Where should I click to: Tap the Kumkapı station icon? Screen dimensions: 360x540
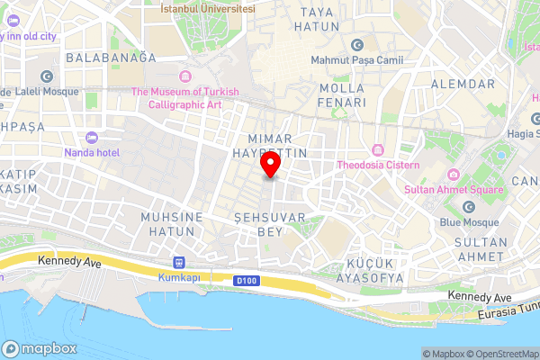pos(178,262)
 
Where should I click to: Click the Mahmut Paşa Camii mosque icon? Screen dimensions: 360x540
pos(357,45)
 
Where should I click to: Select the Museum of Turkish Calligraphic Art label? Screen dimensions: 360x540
pos(184,97)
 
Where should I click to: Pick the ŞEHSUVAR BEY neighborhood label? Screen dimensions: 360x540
pos(270,225)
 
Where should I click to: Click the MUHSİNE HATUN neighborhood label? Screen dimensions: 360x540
pos(167,224)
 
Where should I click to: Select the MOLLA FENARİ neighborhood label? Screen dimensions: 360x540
pos(342,95)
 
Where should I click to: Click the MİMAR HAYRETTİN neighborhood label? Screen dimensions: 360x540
pos(277,146)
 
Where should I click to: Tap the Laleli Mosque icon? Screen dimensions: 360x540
pos(47,77)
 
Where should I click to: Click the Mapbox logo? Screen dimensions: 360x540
pos(39,347)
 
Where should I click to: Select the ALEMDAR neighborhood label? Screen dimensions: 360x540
pos(464,84)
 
